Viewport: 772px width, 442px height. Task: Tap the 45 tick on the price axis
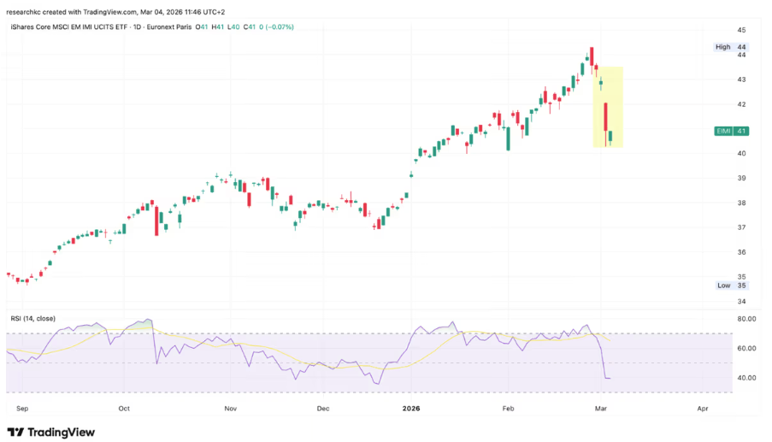point(719,30)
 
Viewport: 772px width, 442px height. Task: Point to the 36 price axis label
point(719,252)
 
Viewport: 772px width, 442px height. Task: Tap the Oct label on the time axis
point(125,410)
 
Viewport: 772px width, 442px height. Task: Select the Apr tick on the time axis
point(702,410)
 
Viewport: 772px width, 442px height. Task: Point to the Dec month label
point(324,410)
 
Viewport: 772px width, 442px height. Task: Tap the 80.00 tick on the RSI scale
point(723,319)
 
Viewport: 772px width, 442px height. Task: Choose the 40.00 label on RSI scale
point(723,378)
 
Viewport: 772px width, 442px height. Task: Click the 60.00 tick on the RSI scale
point(723,348)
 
